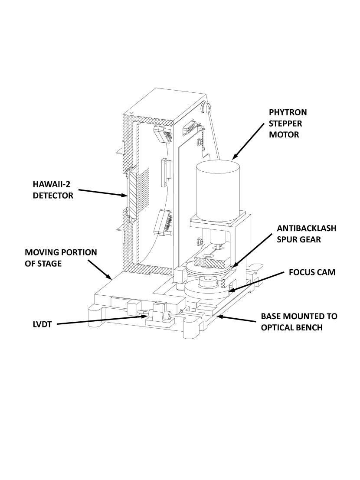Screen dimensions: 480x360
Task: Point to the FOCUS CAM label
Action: coord(312,273)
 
